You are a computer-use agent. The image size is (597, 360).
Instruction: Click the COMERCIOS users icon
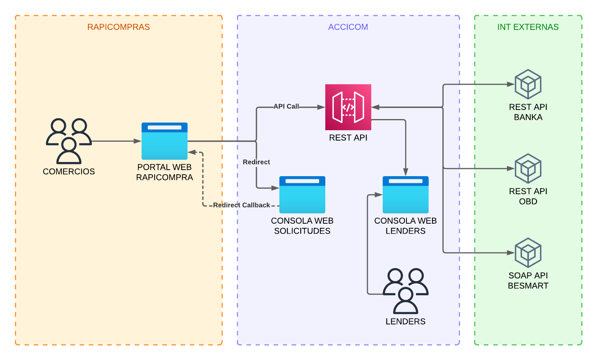click(69, 141)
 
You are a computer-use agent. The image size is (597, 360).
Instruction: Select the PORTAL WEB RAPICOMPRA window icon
click(165, 141)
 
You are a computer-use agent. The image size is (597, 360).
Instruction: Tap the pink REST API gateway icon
click(348, 107)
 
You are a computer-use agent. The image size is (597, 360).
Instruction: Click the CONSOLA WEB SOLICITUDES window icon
click(302, 195)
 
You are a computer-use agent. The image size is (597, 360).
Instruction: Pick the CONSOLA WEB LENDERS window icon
click(406, 195)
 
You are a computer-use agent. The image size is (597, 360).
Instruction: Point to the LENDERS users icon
click(406, 291)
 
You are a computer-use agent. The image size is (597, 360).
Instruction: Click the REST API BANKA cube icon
click(528, 84)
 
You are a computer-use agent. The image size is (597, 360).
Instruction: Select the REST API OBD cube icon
click(528, 169)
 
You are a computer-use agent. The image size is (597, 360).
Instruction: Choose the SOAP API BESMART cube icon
click(528, 253)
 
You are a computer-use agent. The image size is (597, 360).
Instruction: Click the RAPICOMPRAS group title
click(119, 27)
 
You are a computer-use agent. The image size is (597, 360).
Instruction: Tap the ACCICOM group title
click(348, 27)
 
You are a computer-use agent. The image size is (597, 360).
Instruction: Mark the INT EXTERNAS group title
click(528, 27)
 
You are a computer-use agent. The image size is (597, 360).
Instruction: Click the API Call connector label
click(286, 106)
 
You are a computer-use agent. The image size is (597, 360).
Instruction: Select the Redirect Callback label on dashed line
click(241, 205)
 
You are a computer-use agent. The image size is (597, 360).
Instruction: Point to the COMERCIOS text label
click(69, 172)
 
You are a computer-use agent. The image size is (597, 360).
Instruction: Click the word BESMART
click(528, 286)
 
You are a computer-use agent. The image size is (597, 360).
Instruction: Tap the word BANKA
click(528, 117)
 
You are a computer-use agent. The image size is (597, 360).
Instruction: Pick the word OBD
click(528, 201)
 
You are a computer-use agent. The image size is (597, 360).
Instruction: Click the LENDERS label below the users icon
click(406, 322)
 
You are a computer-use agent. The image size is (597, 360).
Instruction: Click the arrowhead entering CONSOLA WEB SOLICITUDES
click(276, 188)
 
